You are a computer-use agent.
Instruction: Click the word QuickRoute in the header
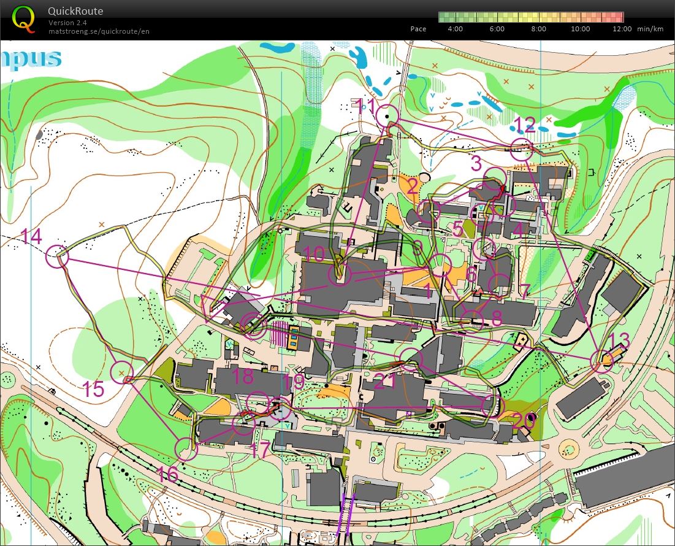pos(75,11)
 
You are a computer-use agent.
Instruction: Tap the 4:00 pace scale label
pos(456,29)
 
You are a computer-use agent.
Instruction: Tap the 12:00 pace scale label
pos(622,29)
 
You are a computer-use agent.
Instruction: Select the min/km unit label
pos(650,29)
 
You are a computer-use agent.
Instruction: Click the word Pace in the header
pos(418,29)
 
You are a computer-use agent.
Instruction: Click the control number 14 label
pos(31,236)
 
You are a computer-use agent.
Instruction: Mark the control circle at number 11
pos(387,115)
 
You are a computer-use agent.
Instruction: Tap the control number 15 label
pos(93,390)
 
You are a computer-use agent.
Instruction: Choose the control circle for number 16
pos(186,449)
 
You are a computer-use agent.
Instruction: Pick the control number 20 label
pos(523,421)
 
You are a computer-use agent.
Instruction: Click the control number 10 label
pos(313,254)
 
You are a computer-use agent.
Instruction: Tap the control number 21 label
pos(385,382)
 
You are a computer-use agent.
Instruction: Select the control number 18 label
pos(243,375)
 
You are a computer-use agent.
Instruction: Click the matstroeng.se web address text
pos(99,31)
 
